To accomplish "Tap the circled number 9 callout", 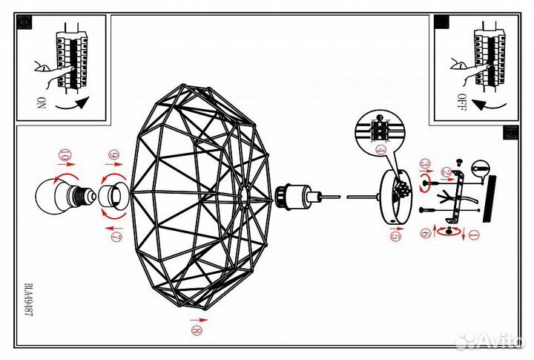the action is pos(113,155).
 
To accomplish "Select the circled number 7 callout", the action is pos(116,236).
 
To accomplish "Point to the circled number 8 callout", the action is pos(197,330).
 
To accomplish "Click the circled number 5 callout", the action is pos(395,236).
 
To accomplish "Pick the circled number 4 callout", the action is pos(380,150).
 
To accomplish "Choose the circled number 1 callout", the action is pos(474,235).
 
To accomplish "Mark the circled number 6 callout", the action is pos(426,234).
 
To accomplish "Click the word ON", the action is pos(41,102).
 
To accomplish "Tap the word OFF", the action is pos(461,102).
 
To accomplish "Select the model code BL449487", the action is pos(29,300).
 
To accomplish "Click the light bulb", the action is pos(65,196).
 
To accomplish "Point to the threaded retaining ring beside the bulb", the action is pos(114,197).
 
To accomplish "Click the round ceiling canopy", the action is pos(396,197).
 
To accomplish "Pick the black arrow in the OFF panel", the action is pos(489,105).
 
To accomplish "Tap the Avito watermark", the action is pos(489,338).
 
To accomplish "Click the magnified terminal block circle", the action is pos(380,129).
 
